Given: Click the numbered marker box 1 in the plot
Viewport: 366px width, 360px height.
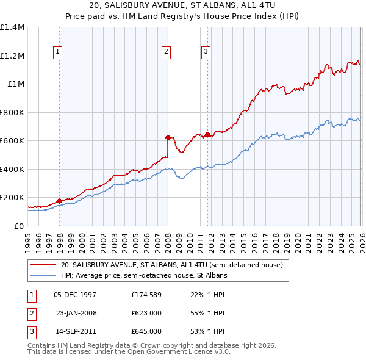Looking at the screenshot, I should tap(57, 52).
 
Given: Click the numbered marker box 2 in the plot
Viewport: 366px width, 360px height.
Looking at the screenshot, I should tap(166, 52).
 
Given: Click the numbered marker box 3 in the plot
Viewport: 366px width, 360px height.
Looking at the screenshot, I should tap(206, 52).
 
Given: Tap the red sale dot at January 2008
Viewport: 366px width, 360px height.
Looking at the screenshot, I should tap(168, 137).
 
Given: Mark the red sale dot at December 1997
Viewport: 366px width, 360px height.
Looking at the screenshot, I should tap(59, 201).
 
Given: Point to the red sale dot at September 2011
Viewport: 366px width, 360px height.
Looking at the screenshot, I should tap(207, 134).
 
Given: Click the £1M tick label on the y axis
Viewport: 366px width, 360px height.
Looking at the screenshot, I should tap(15, 84).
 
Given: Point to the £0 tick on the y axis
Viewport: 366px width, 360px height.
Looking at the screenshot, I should tap(20, 226).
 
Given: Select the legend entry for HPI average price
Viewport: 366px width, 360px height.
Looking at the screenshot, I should tap(144, 276).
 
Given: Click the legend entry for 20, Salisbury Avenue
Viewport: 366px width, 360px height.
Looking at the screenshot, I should tap(171, 265).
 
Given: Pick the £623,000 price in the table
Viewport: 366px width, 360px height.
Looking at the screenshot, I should tap(146, 313).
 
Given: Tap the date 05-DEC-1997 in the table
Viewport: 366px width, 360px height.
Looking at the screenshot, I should tap(75, 295).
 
